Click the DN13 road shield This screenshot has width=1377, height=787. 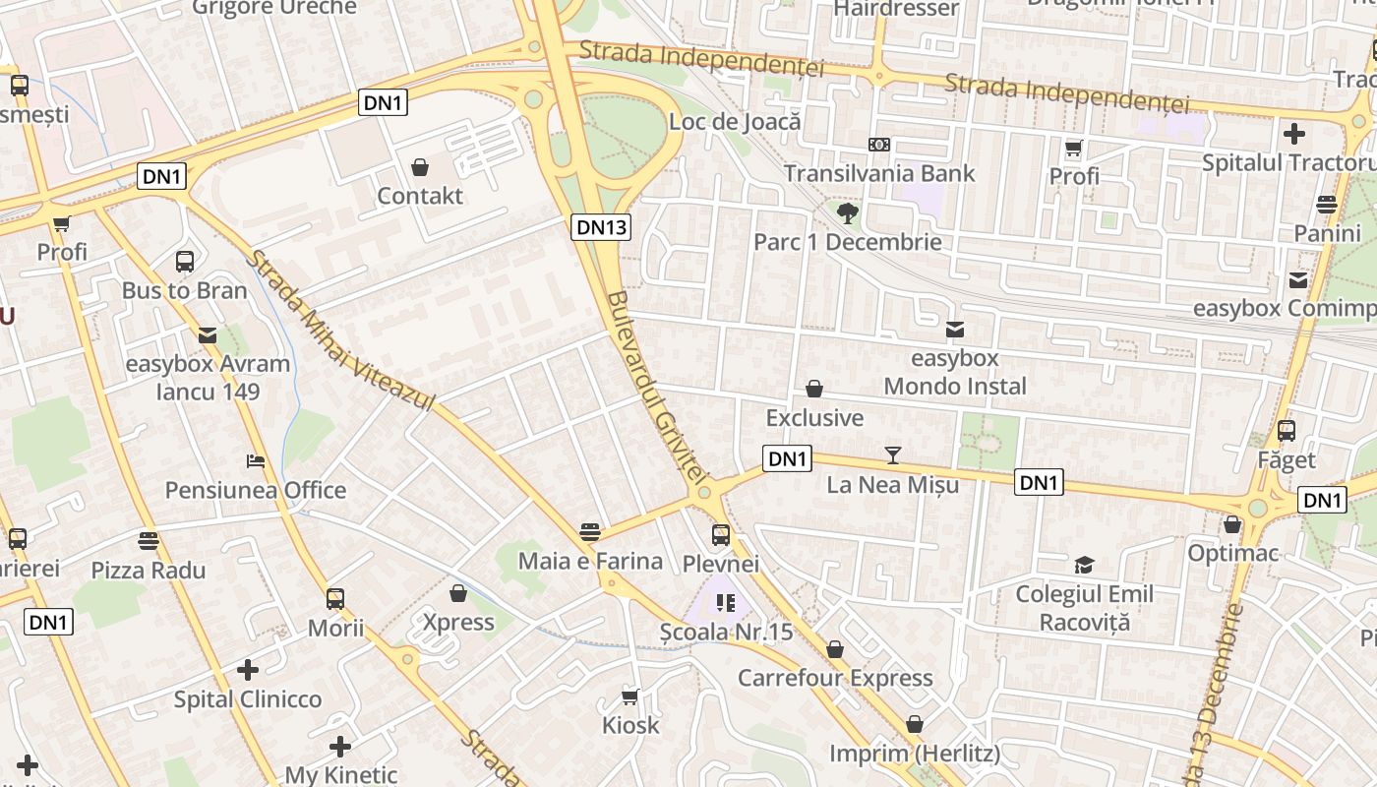click(x=601, y=227)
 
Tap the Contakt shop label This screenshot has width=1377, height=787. click(x=420, y=196)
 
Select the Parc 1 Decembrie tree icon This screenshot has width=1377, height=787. click(x=847, y=212)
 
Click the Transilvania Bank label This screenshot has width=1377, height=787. click(x=879, y=174)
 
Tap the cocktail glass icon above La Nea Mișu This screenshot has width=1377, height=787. click(x=893, y=454)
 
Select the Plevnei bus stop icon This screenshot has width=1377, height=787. click(x=721, y=535)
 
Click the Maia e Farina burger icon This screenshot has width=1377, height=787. click(x=590, y=532)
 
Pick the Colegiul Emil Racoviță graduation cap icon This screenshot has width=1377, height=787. click(x=1084, y=565)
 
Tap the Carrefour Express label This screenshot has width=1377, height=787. click(x=835, y=678)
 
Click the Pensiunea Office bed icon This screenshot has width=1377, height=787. click(x=256, y=460)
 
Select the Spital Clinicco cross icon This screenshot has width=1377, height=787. click(x=248, y=670)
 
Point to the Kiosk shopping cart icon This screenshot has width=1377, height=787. click(x=630, y=696)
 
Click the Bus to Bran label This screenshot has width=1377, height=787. click(x=185, y=291)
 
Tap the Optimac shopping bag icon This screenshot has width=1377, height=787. click(x=1232, y=524)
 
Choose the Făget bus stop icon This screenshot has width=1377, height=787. click(x=1286, y=431)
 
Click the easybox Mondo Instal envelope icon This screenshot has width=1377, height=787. click(x=954, y=330)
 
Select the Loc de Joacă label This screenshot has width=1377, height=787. click(x=735, y=123)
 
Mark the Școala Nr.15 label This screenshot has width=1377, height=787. click(x=726, y=632)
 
